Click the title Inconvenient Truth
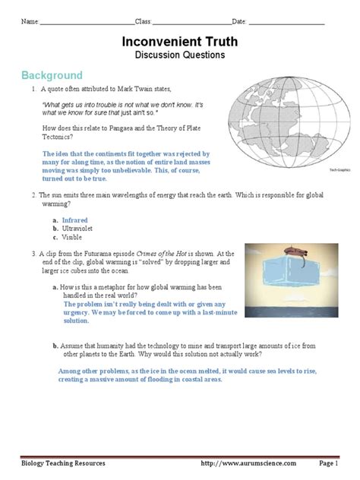180,42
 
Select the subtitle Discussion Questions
180,55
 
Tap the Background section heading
52,75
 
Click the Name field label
30,21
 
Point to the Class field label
144,21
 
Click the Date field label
239,21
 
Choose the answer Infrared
74,220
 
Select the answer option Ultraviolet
77,229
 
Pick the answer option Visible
72,237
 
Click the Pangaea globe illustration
289,122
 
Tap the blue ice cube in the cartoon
289,271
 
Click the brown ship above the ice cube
295,251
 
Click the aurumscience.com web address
248,463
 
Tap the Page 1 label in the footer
328,463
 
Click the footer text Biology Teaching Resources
63,463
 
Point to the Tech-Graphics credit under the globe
339,170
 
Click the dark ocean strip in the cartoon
292,312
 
